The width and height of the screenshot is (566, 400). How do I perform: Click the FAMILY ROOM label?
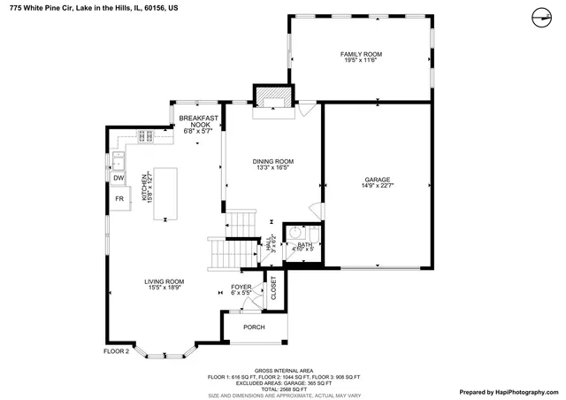(360, 54)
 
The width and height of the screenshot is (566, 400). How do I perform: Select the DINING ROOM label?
(272, 161)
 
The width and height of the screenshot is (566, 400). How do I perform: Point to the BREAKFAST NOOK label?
(194, 121)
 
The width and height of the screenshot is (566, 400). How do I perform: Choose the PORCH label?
(254, 327)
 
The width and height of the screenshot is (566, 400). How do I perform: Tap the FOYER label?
(241, 287)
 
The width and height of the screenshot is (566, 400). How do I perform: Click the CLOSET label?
(273, 288)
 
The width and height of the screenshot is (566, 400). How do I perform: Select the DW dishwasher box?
(118, 178)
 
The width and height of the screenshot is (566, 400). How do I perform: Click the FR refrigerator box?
(118, 199)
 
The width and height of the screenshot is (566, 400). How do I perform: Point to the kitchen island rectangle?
(164, 194)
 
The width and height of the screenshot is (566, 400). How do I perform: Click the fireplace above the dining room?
(272, 96)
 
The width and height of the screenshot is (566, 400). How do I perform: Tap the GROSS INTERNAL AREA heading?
(283, 371)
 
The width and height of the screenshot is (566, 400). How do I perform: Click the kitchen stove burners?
(146, 135)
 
